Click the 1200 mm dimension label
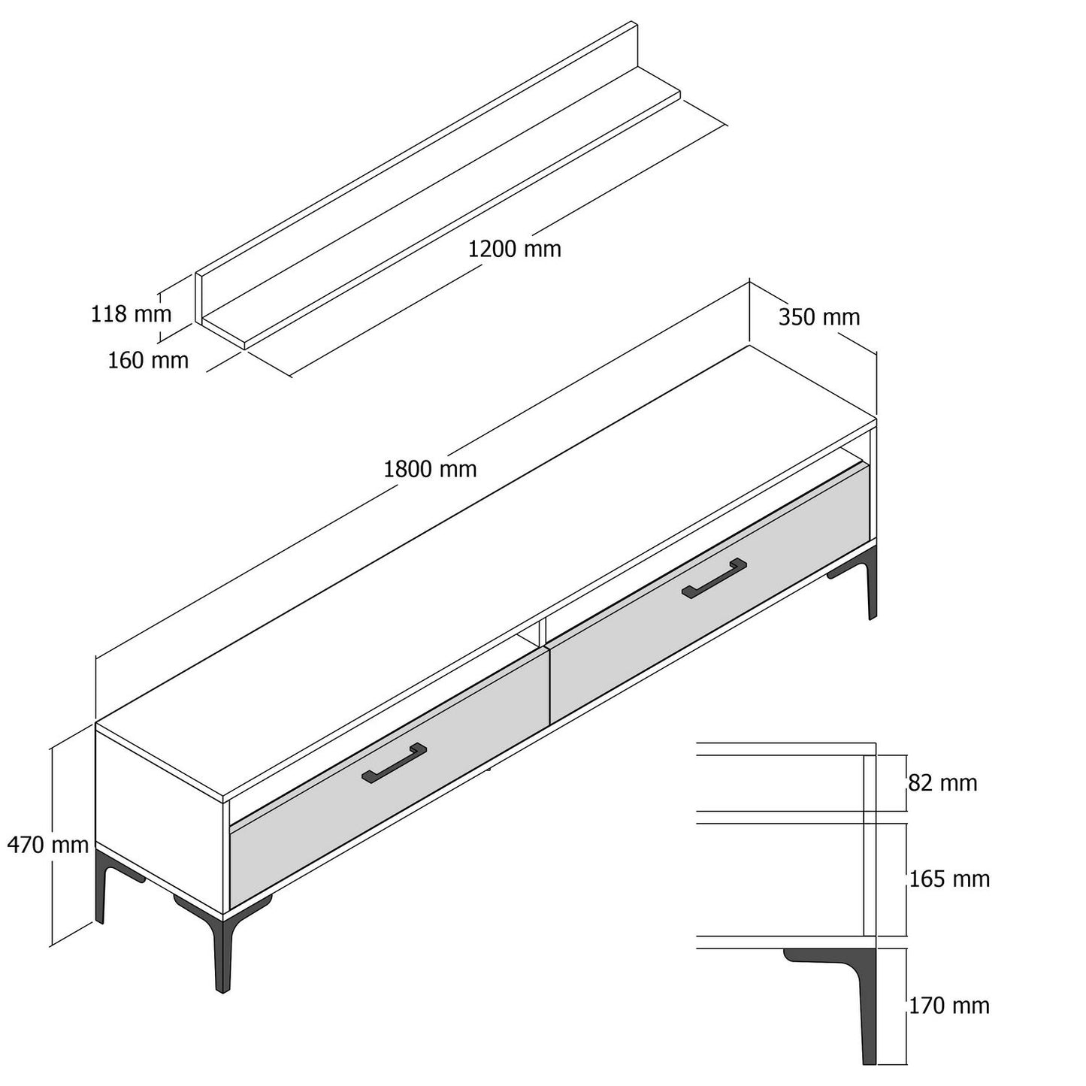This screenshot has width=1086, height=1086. click(515, 249)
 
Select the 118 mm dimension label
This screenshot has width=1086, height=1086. click(132, 314)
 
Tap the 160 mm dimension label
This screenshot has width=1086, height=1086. click(148, 361)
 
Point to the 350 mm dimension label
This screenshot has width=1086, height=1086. click(819, 317)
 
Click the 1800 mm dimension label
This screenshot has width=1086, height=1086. click(430, 469)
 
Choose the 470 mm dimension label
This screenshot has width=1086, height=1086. click(48, 844)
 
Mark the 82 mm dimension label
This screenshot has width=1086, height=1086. click(942, 783)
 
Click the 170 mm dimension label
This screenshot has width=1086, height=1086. click(950, 1006)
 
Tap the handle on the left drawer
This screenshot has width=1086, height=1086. click(394, 764)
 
